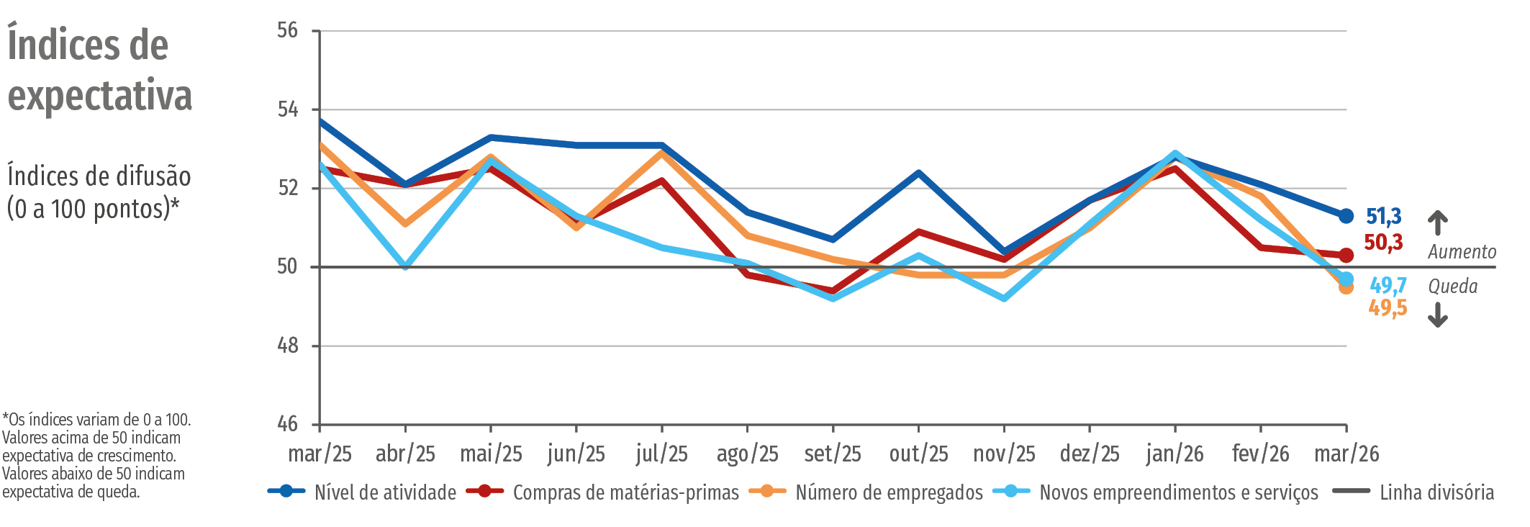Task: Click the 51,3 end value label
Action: (x=1383, y=216)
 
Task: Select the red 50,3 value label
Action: (x=1383, y=243)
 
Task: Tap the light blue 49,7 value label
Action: (x=1388, y=286)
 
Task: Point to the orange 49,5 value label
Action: (x=1388, y=308)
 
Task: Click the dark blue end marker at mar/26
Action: (x=1346, y=216)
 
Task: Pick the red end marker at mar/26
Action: (x=1346, y=256)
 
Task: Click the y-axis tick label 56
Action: (x=287, y=30)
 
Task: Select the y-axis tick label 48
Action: (x=287, y=346)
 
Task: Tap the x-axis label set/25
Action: (x=833, y=454)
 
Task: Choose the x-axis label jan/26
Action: (x=1174, y=454)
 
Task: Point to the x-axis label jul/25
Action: (x=661, y=454)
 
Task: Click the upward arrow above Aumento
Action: (x=1437, y=222)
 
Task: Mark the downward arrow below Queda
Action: (x=1437, y=315)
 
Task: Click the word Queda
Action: (x=1452, y=287)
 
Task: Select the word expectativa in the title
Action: (x=100, y=96)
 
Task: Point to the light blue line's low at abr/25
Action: (x=406, y=266)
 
